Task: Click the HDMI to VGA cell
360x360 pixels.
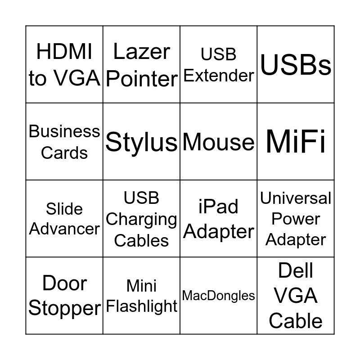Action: point(64,64)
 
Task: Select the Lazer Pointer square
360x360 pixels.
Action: point(141,64)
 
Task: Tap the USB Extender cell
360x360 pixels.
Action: point(219,64)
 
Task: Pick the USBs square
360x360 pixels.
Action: point(296,64)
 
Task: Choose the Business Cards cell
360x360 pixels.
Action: point(64,142)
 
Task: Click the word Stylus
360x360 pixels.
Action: point(141,142)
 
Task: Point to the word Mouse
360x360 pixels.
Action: point(219,142)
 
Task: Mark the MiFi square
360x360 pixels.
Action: point(296,142)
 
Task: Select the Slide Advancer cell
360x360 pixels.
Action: point(64,219)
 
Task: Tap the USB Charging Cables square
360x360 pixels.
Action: point(141,219)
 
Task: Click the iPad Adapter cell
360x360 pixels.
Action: point(219,219)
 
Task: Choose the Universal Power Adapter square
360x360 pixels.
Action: point(296,219)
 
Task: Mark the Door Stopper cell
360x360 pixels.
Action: point(64,296)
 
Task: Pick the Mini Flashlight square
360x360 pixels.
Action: point(141,296)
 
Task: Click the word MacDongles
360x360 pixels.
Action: point(219,296)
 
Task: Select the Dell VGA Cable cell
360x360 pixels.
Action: point(296,296)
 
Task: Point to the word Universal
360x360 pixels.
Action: point(296,198)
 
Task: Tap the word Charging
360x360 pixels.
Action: point(141,220)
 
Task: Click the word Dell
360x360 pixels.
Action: point(296,271)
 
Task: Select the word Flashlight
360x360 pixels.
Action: point(141,306)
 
